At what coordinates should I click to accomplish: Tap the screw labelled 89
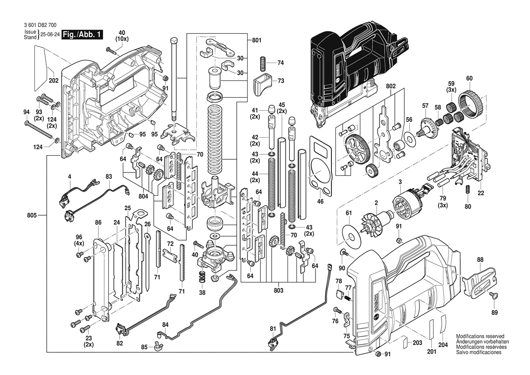494,296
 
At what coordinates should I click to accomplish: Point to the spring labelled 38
203,276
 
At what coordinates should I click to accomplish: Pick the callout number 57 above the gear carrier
425,106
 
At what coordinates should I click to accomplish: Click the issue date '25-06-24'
50,35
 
